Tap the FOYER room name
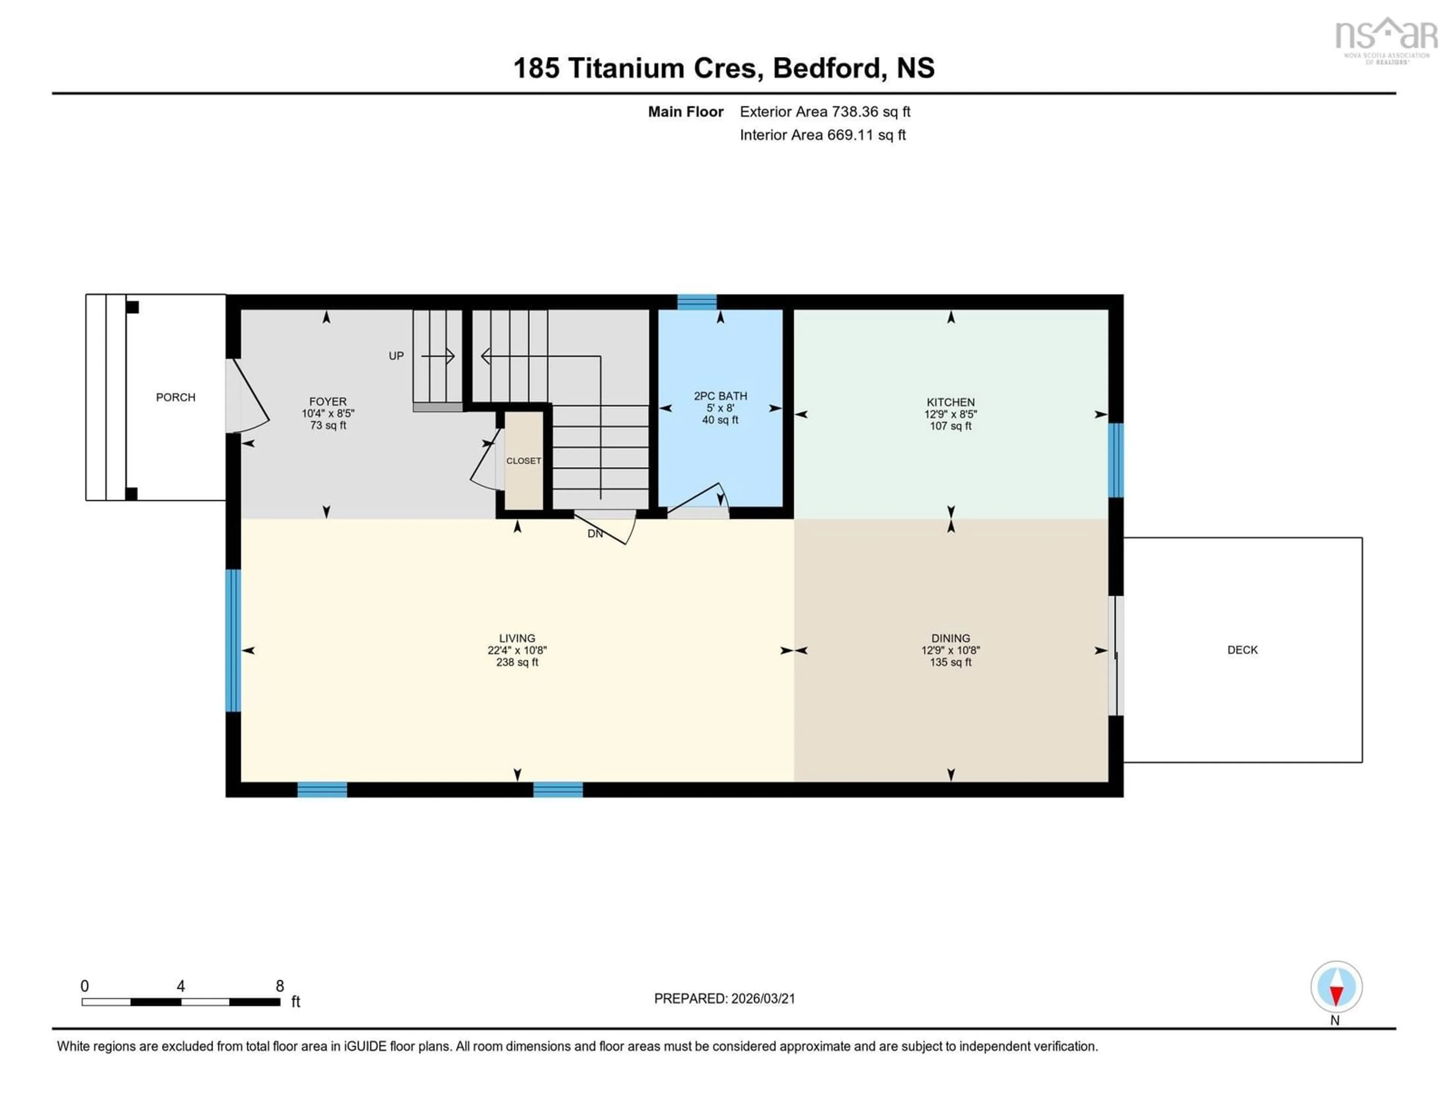click(x=328, y=401)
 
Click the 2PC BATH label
click(x=720, y=396)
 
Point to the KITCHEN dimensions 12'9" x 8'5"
click(x=950, y=414)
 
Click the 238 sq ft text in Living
click(x=517, y=662)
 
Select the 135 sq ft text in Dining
click(x=950, y=662)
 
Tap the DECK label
click(x=1242, y=650)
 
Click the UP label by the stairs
click(x=396, y=356)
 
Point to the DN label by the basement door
click(x=595, y=533)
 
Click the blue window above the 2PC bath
click(x=696, y=302)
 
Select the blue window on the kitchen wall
click(x=1116, y=460)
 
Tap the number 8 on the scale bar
click(x=280, y=986)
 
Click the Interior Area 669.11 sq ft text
click(x=822, y=135)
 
